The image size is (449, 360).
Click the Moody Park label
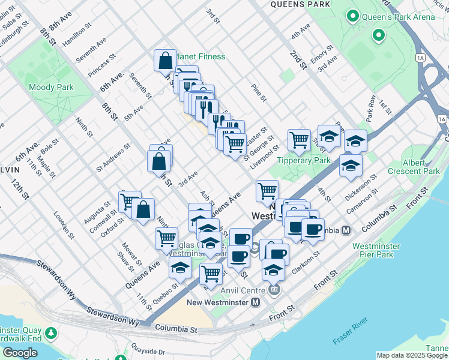click(x=51, y=87)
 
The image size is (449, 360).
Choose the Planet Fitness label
click(x=200, y=56)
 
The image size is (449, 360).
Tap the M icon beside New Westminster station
click(x=256, y=302)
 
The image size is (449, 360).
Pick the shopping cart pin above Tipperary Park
click(x=299, y=140)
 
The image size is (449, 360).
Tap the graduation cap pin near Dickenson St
click(x=351, y=165)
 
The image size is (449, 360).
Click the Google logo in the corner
click(x=20, y=353)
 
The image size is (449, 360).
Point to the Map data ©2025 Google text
click(x=412, y=355)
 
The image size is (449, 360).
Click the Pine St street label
click(x=259, y=93)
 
